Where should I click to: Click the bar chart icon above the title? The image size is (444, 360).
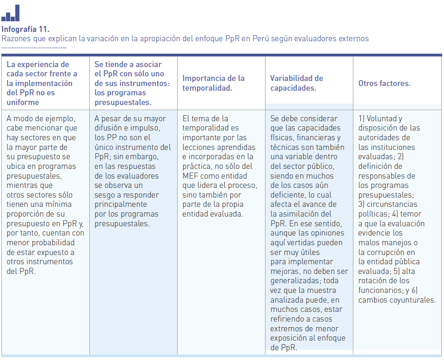coord(10,13)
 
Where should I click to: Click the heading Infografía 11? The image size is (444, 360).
coord(25,30)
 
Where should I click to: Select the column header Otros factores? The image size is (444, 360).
coord(384,84)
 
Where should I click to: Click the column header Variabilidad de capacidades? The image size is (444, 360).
coord(296,83)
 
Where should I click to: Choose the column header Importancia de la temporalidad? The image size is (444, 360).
coord(213,83)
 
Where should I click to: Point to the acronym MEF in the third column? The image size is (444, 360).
coord(190,176)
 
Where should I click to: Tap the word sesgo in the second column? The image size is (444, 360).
coord(105,195)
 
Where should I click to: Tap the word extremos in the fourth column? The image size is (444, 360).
coord(285,329)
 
